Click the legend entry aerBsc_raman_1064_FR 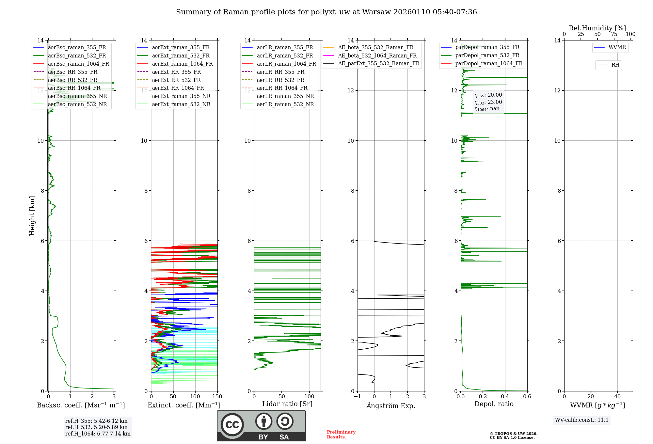pyautogui.click(x=78, y=64)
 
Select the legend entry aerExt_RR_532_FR pyautogui.click(x=176, y=80)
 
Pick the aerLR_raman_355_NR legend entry pyautogui.click(x=285, y=96)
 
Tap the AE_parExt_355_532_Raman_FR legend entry pyautogui.click(x=378, y=64)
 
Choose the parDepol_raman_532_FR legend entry pyautogui.click(x=487, y=55)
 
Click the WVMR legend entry pyautogui.click(x=617, y=47)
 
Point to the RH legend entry pyautogui.click(x=615, y=65)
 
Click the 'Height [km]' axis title pyautogui.click(x=32, y=216)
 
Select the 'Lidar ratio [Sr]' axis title pyautogui.click(x=287, y=404)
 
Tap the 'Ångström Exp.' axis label pyautogui.click(x=391, y=406)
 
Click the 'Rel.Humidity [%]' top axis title pyautogui.click(x=597, y=28)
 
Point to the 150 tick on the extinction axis pyautogui.click(x=217, y=397)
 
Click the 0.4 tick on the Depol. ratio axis pyautogui.click(x=505, y=397)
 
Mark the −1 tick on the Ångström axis pyautogui.click(x=358, y=397)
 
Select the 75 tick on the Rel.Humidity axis pyautogui.click(x=614, y=34)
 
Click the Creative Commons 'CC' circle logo pyautogui.click(x=232, y=425)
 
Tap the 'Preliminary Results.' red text pyautogui.click(x=341, y=435)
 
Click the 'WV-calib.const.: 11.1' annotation pyautogui.click(x=582, y=420)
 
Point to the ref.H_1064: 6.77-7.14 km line pyautogui.click(x=98, y=434)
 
